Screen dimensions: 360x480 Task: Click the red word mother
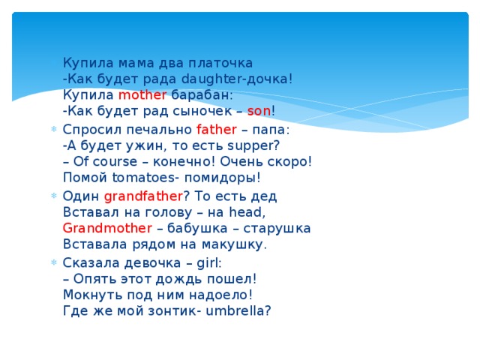[x=142, y=95]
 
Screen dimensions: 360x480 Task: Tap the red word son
[x=259, y=112]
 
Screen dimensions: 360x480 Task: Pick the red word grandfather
[x=143, y=196]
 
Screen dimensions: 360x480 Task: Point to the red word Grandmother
[x=108, y=228]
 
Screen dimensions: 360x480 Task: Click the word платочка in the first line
[x=218, y=62]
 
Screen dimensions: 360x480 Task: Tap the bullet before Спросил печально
[x=52, y=129]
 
